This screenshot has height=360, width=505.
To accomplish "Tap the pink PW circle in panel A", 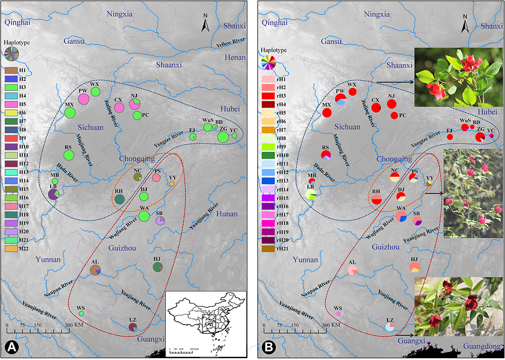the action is click(84, 99).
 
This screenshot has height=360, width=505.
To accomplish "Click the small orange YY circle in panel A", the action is click(172, 184).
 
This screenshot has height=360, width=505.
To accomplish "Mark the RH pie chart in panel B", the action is click(376, 199).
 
